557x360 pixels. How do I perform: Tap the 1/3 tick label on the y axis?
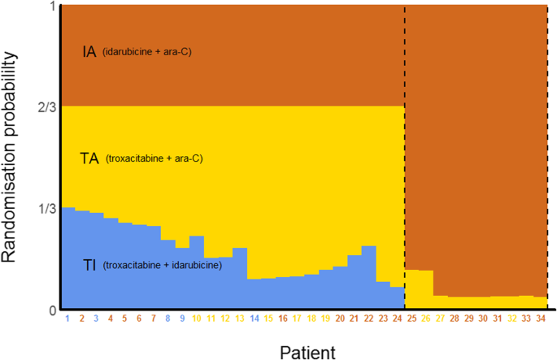47,208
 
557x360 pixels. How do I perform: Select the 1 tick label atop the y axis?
52,7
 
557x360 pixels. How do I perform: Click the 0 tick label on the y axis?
52,310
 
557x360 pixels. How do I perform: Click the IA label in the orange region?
89,52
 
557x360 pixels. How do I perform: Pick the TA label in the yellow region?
89,159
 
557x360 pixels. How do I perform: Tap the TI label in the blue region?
91,263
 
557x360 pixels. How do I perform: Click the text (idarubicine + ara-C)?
147,53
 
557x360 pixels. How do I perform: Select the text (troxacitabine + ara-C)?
154,159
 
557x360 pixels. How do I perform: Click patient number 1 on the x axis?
67,319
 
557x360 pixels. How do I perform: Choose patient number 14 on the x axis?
254,319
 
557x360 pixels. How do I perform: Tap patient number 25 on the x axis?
411,319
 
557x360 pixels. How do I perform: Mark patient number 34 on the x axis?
540,319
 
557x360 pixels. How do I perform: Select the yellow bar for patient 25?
411,289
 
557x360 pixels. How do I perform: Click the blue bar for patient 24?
397,298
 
